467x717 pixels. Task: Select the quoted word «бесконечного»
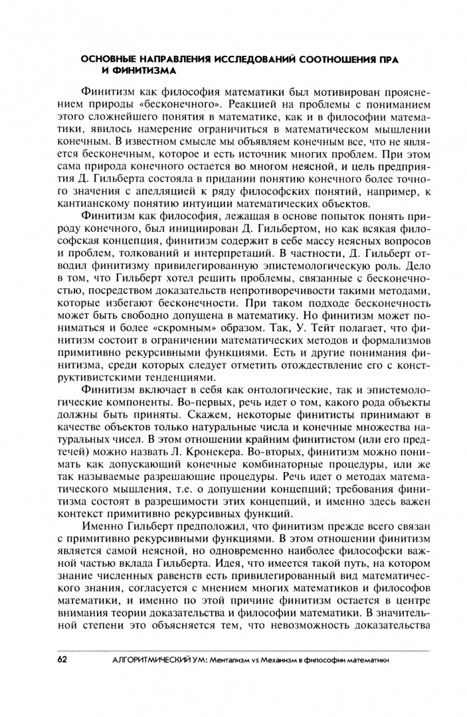click(x=200, y=104)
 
